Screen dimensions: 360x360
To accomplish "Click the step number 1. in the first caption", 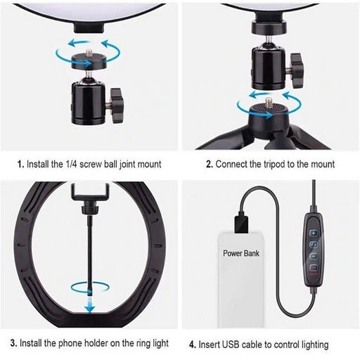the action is pyautogui.click(x=20, y=165).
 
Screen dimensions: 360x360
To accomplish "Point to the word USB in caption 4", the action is pyautogui.click(x=231, y=345).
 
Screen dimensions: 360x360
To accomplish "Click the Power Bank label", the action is pyautogui.click(x=241, y=253).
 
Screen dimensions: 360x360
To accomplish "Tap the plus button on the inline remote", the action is pyautogui.click(x=314, y=233).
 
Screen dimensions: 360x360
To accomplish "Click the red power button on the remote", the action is pyautogui.click(x=314, y=267).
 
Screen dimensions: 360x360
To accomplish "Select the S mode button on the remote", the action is pyautogui.click(x=314, y=245).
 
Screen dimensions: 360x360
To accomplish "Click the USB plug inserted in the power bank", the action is pyautogui.click(x=241, y=221).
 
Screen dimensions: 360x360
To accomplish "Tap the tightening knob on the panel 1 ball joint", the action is pyautogui.click(x=116, y=105).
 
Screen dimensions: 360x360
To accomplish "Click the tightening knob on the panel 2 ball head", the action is pyautogui.click(x=297, y=70).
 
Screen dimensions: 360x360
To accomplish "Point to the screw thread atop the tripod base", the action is pyautogui.click(x=268, y=103).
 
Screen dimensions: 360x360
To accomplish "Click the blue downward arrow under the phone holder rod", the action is pyautogui.click(x=90, y=305).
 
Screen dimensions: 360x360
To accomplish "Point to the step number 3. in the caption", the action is pyautogui.click(x=13, y=343).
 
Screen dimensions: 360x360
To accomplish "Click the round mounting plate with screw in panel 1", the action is pyautogui.click(x=89, y=60).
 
